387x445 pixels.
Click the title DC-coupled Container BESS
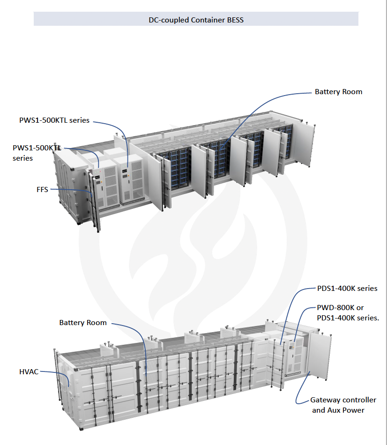click(196, 20)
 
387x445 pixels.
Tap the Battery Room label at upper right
click(338, 92)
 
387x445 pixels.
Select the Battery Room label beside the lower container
click(83, 323)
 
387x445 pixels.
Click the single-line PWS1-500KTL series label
click(54, 120)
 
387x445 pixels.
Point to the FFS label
click(42, 190)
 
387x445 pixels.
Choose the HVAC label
click(29, 372)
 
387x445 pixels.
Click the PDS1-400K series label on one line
click(347, 289)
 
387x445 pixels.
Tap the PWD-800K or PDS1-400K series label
click(348, 313)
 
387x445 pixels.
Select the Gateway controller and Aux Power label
click(343, 405)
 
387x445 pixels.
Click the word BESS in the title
click(235, 20)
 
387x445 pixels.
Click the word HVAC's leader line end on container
click(69, 386)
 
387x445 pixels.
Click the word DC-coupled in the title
click(169, 20)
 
